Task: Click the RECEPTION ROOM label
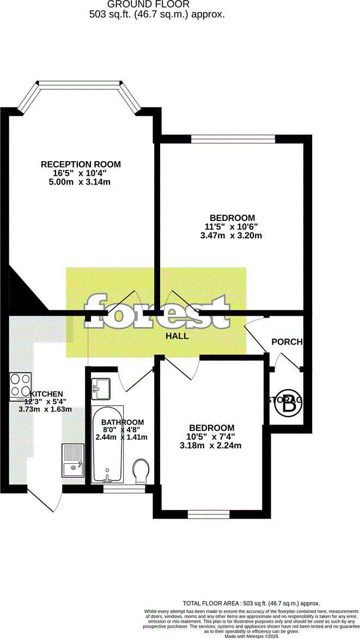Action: click(x=81, y=164)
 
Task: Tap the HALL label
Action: click(x=177, y=336)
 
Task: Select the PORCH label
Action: click(x=286, y=342)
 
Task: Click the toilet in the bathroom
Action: click(x=141, y=471)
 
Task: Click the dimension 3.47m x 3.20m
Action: click(x=231, y=236)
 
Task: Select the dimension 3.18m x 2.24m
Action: click(x=211, y=446)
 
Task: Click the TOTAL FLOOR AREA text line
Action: click(x=251, y=604)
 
